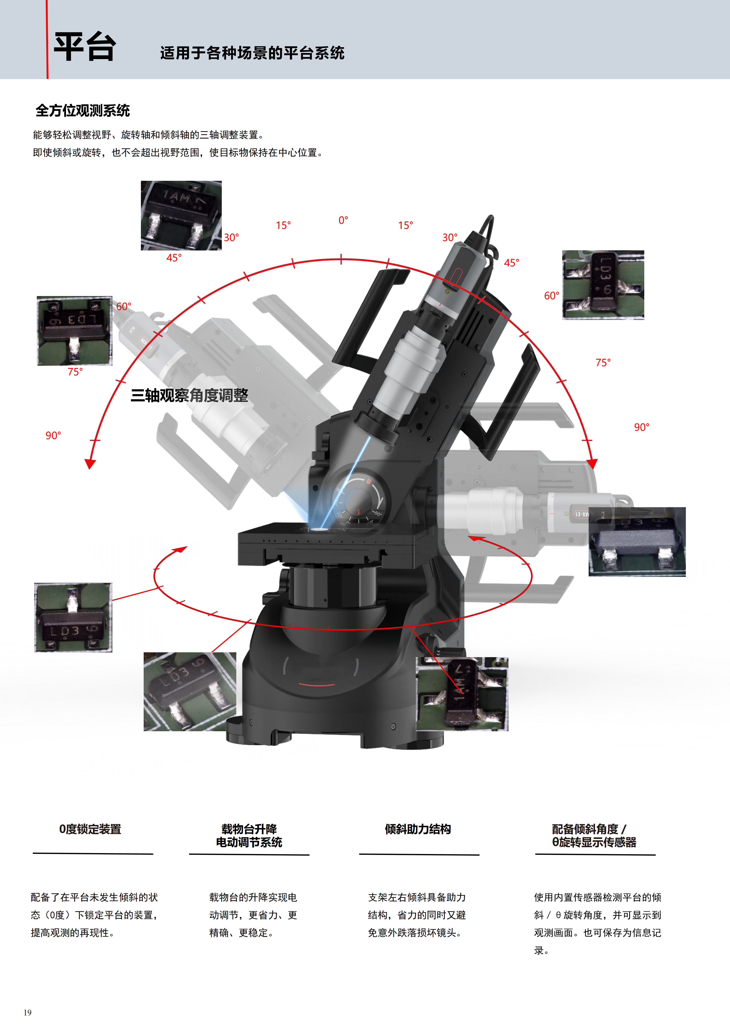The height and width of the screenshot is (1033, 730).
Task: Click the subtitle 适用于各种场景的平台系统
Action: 252,53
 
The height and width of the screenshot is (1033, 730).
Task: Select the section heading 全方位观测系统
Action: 83,111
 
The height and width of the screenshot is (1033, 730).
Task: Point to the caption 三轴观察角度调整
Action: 189,395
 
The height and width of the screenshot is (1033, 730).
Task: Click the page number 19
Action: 27,1012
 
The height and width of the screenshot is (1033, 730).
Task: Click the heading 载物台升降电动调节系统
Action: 249,835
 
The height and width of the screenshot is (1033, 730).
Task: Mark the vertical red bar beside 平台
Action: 47,40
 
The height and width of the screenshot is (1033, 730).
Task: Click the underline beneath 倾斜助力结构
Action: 419,854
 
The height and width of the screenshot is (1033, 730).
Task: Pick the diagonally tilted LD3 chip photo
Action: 190,691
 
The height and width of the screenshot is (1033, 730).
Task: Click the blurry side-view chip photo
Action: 637,542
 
